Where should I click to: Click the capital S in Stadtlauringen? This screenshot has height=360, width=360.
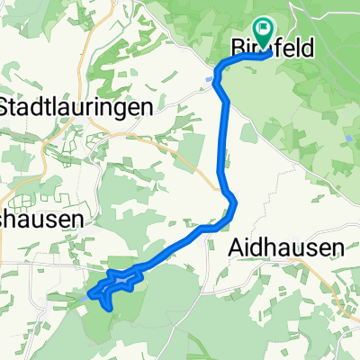pyautogui.click(x=7, y=105)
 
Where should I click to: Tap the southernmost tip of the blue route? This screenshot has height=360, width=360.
pyautogui.click(x=110, y=309)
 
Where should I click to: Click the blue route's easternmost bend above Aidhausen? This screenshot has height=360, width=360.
pyautogui.click(x=236, y=205)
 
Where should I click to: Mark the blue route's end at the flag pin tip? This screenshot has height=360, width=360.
pyautogui.click(x=263, y=52)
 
